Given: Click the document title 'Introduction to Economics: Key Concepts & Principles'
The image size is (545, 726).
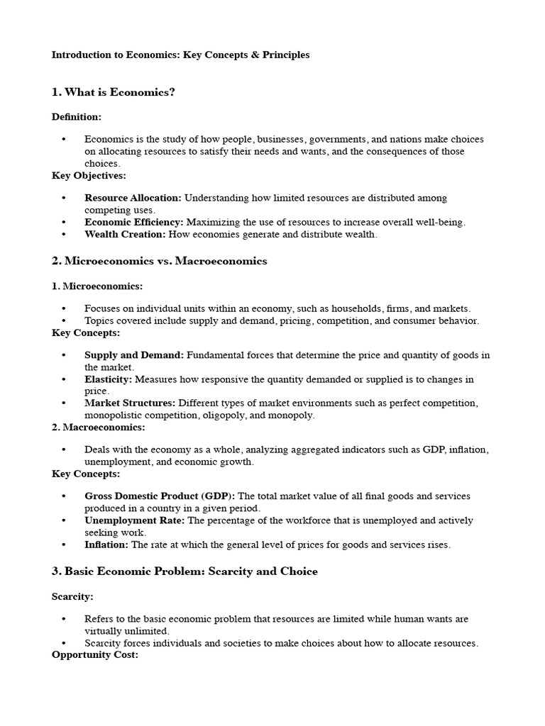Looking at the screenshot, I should pyautogui.click(x=180, y=55).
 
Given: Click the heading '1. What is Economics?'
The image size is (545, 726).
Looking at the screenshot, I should pyautogui.click(x=113, y=92).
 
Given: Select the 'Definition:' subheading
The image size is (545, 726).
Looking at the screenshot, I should pyautogui.click(x=77, y=116).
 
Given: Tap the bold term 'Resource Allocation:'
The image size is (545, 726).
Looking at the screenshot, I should pyautogui.click(x=133, y=198).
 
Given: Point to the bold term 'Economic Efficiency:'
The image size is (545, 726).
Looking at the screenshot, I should pyautogui.click(x=133, y=222).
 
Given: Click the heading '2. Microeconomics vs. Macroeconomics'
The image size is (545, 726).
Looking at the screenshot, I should pyautogui.click(x=159, y=261).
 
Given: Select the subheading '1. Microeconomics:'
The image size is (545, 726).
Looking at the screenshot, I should pyautogui.click(x=97, y=286).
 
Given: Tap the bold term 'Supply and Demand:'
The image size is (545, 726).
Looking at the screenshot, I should pyautogui.click(x=134, y=354).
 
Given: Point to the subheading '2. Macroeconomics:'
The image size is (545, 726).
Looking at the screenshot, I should pyautogui.click(x=99, y=427).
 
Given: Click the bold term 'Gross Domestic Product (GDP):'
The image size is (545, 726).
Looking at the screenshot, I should pyautogui.click(x=160, y=496).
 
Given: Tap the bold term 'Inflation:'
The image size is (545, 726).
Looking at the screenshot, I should pyautogui.click(x=106, y=544).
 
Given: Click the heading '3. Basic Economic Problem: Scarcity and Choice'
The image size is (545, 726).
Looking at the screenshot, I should pyautogui.click(x=185, y=571).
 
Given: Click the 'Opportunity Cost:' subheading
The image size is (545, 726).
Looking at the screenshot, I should pyautogui.click(x=94, y=654).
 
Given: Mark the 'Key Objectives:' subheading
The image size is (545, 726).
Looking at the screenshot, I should pyautogui.click(x=89, y=175).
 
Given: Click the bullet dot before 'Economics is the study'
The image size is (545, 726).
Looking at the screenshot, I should pyautogui.click(x=63, y=140).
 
